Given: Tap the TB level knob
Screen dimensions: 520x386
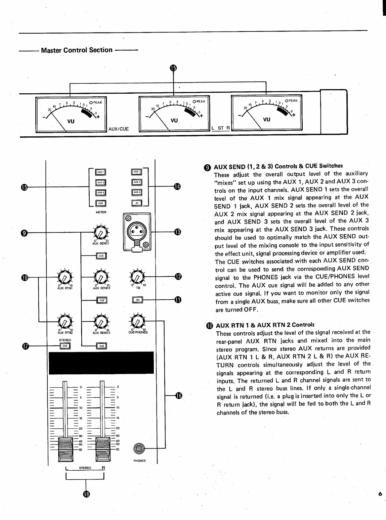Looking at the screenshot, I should pyautogui.click(x=137, y=277).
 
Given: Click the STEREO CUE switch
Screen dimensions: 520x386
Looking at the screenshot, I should pyautogui.click(x=65, y=346).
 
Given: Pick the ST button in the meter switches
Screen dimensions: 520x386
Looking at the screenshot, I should pyautogui.click(x=137, y=203).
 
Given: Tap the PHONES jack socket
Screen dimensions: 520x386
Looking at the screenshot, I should pyautogui.click(x=139, y=449).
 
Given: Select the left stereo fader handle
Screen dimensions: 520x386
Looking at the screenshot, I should pyautogui.click(x=65, y=449).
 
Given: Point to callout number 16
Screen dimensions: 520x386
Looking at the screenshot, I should pyautogui.click(x=179, y=396).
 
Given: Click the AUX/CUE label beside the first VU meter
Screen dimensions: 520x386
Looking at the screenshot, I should pyautogui.click(x=118, y=129).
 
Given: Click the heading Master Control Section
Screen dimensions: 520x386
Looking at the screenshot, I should pyautogui.click(x=77, y=50).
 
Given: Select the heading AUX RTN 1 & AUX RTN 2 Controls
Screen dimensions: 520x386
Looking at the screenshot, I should pyautogui.click(x=265, y=325).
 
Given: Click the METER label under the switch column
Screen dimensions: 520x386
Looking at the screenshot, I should pyautogui.click(x=101, y=212).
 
